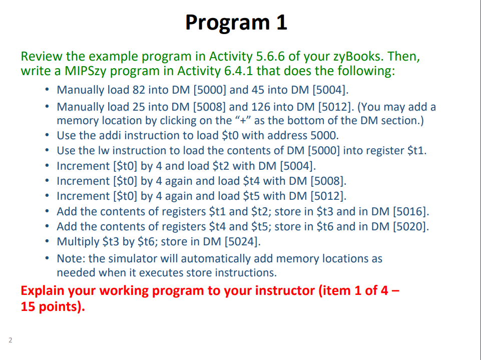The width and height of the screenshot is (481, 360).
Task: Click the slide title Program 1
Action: coord(236,23)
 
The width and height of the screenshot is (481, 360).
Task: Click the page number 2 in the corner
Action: coord(10,341)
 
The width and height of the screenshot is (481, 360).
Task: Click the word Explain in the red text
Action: coord(43,291)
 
